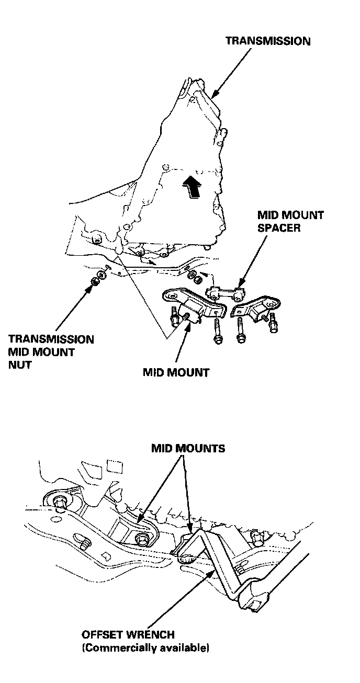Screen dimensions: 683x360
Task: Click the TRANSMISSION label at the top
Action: (267, 41)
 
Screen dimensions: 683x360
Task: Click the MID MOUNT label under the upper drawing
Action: (176, 373)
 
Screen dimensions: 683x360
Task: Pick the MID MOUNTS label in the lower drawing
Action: (188, 448)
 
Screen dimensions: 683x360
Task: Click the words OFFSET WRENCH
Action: (128, 635)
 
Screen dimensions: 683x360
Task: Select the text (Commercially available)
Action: (145, 648)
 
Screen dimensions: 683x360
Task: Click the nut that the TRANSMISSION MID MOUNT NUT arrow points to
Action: (96, 281)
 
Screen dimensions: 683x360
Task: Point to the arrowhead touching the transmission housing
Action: (215, 95)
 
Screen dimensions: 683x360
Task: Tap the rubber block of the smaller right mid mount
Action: (257, 313)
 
